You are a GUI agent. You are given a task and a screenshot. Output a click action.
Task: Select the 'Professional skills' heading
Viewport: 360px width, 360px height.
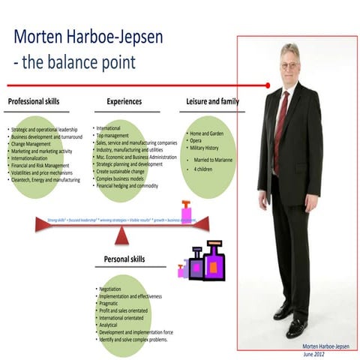tap(33, 101)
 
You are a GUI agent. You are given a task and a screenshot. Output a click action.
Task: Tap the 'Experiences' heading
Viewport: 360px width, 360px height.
tap(124, 101)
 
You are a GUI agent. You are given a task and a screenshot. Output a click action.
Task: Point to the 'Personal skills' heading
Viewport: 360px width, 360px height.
tap(124, 260)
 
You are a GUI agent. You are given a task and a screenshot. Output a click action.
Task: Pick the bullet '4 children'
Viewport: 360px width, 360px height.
tap(202, 169)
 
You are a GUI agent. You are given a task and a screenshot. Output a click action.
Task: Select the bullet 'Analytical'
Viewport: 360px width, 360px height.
tap(112, 324)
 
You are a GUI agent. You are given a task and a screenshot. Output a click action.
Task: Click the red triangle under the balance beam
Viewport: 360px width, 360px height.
tap(121, 238)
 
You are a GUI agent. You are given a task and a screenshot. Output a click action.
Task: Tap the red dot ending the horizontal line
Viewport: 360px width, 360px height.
tap(268, 85)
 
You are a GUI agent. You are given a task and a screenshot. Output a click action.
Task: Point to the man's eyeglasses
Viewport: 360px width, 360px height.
tap(289, 66)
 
